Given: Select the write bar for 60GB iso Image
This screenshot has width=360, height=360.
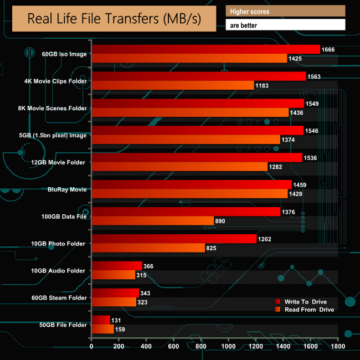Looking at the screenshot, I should click(x=205, y=50).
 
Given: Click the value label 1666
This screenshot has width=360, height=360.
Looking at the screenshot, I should click(x=329, y=50).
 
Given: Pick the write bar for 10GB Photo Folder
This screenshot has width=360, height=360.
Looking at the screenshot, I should click(x=174, y=239).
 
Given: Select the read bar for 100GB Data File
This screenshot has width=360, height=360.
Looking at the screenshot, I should click(x=153, y=220).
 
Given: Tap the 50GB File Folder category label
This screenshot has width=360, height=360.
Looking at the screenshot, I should click(x=59, y=325).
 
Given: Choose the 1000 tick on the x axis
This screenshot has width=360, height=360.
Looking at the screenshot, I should click(x=228, y=347).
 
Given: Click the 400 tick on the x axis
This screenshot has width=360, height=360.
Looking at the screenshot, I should click(x=146, y=347).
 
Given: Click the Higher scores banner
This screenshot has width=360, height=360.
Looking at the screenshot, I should click(x=285, y=11).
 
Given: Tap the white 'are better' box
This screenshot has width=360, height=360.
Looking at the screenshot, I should click(x=285, y=25).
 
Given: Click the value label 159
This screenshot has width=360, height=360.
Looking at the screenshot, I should click(x=121, y=329).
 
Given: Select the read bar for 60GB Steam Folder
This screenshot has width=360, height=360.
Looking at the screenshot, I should click(x=114, y=302).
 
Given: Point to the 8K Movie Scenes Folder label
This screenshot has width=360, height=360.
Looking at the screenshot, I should click(x=53, y=108).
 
